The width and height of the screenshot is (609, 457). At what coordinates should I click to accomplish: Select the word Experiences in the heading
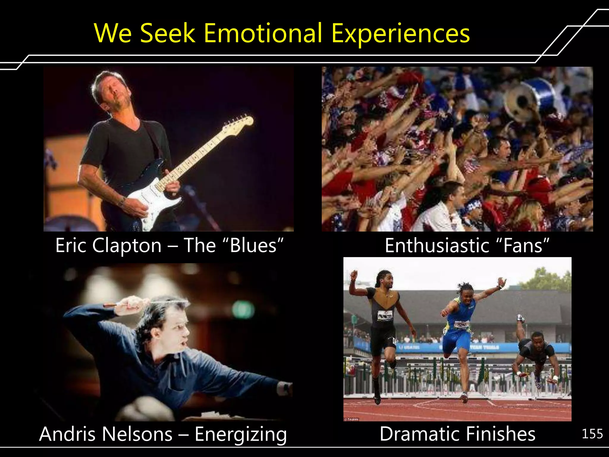[400, 33]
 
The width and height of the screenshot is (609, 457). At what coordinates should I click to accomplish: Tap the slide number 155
[592, 434]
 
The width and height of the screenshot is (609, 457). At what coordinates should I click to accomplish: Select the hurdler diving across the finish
[535, 354]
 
